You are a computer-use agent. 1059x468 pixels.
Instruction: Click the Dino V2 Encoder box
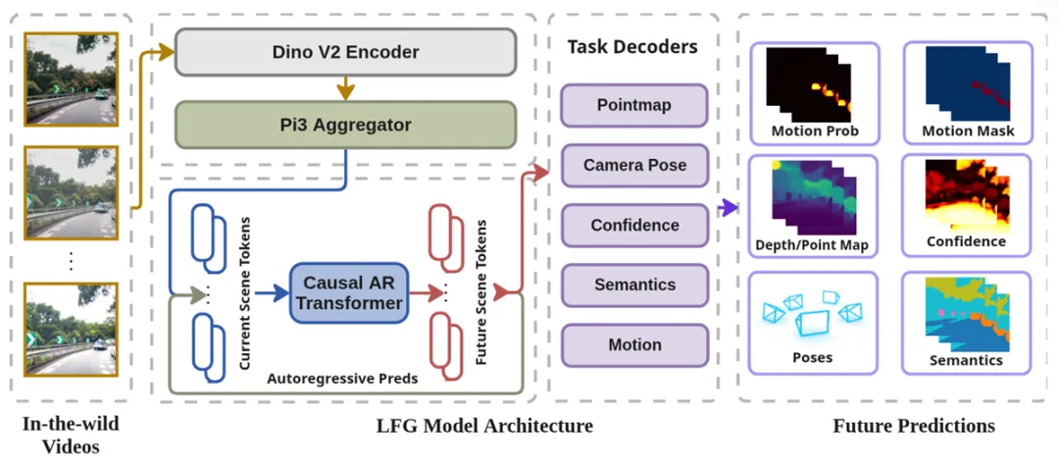345,52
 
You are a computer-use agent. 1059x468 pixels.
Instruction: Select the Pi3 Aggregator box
345,125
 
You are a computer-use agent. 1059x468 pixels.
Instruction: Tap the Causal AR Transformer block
349,292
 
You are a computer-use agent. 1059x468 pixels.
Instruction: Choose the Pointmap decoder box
633,105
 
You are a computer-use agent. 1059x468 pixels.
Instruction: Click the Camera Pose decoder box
633,165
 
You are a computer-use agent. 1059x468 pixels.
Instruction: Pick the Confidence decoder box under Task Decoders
633,225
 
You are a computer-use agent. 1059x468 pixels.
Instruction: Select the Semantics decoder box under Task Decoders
633,285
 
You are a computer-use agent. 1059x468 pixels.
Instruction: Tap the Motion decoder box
633,344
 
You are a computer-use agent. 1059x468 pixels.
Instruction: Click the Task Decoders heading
632,46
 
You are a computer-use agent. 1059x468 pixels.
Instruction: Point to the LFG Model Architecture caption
484,426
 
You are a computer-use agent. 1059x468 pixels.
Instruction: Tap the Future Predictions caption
914,426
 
